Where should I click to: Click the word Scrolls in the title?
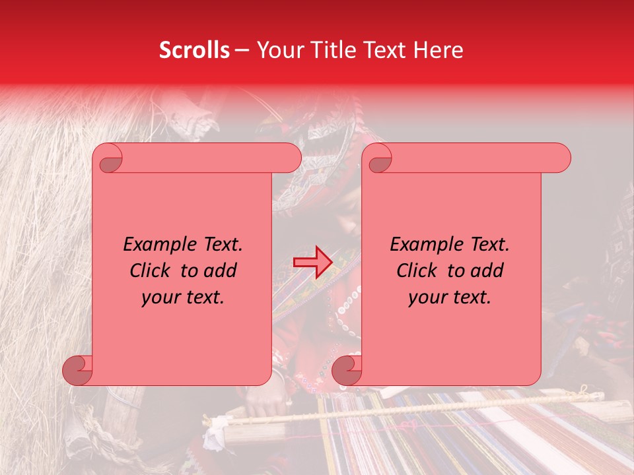click(x=194, y=50)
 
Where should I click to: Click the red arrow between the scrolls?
click(x=312, y=262)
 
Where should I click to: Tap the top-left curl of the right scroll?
click(x=378, y=159)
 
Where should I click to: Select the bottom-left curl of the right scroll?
click(x=347, y=370)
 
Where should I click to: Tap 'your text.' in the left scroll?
click(x=183, y=297)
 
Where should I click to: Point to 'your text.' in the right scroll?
click(x=450, y=297)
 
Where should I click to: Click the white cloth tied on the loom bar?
click(x=215, y=433)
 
